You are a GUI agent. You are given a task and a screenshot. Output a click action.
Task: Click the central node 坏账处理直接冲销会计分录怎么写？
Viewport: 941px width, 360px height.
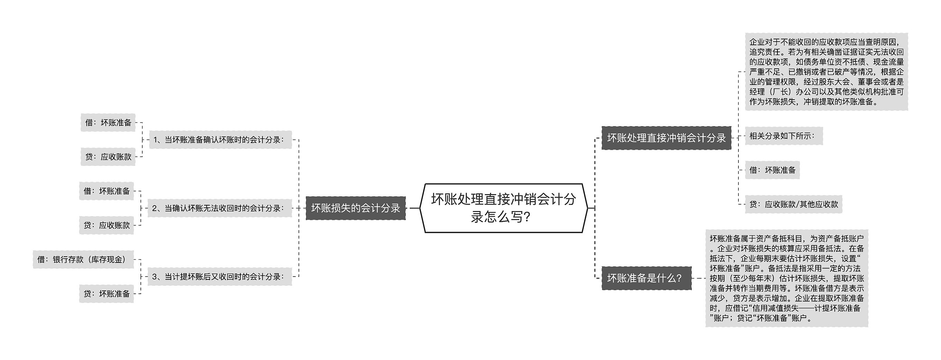pyautogui.click(x=503, y=208)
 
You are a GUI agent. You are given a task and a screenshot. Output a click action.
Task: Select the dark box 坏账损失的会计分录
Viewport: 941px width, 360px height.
pyautogui.click(x=355, y=208)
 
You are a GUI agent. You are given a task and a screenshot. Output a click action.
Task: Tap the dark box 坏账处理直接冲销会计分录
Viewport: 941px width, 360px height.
pyautogui.click(x=666, y=138)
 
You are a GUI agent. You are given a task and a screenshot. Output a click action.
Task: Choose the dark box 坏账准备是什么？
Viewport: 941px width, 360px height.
pyautogui.click(x=646, y=278)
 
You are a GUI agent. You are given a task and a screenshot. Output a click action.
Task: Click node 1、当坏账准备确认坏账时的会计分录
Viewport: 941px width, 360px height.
pyautogui.click(x=220, y=140)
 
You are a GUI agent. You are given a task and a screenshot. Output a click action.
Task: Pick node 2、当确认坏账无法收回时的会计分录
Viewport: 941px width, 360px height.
pyautogui.click(x=219, y=208)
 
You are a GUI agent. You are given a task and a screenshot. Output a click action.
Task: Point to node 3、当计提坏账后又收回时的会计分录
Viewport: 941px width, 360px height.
pyautogui.click(x=219, y=277)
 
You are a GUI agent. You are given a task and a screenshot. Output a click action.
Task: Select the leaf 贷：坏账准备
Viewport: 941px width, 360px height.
pyautogui.click(x=107, y=294)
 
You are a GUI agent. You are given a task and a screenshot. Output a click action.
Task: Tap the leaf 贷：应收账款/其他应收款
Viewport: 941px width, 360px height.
pyautogui.click(x=794, y=204)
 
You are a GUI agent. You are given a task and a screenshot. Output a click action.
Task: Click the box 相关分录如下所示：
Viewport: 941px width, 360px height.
pyautogui.click(x=783, y=136)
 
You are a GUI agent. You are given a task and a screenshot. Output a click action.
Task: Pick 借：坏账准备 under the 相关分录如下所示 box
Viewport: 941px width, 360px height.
pyautogui.click(x=772, y=170)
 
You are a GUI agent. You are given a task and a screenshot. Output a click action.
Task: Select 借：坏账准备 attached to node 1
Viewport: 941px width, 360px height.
pyautogui.click(x=108, y=122)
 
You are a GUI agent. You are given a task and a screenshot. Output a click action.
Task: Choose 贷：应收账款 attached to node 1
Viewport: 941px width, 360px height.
pyautogui.click(x=108, y=157)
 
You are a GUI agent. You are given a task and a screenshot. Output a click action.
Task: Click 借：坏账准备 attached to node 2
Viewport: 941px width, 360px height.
pyautogui.click(x=107, y=191)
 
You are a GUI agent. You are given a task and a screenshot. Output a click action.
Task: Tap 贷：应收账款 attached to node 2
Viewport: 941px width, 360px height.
pyautogui.click(x=107, y=225)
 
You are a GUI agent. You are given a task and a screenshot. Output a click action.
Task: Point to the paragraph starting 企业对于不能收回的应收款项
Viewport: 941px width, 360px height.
pyautogui.click(x=826, y=72)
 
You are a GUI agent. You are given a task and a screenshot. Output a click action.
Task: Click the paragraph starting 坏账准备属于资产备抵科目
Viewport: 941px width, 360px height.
pyautogui.click(x=787, y=278)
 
